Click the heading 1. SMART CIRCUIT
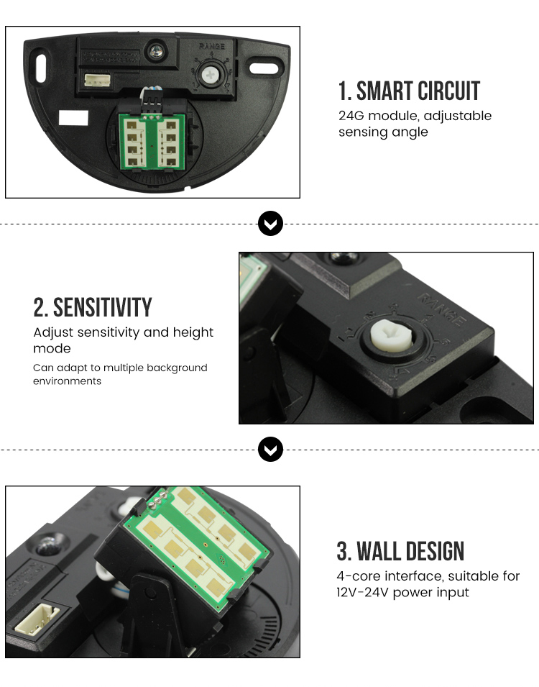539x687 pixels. coord(409,91)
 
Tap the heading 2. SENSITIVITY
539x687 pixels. coord(93,307)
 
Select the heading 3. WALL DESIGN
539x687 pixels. coord(400,551)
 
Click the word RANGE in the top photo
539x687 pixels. coord(212,47)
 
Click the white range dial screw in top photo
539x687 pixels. coord(210,75)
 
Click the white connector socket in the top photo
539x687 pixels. coord(97,80)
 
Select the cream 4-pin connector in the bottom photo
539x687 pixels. coord(37,618)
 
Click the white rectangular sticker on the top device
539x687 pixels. coord(73,117)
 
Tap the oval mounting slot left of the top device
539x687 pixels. coord(41,68)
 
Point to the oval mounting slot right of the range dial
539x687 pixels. coord(264,68)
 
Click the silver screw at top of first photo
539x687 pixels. coord(156,52)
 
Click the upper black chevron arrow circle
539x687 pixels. coord(271,224)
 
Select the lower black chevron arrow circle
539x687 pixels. coord(271,449)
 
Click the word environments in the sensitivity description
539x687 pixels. coord(67,381)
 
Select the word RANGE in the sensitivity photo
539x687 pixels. coord(440,309)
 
